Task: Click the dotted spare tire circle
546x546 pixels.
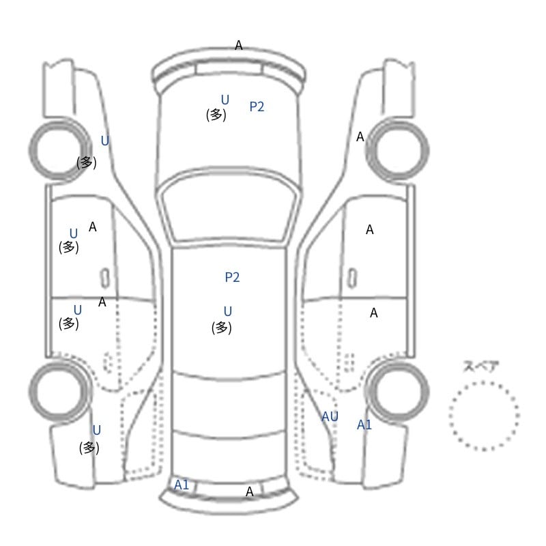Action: (450, 416)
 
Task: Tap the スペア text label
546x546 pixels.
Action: (476, 367)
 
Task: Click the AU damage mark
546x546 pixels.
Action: (330, 416)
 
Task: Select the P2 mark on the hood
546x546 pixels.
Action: (257, 106)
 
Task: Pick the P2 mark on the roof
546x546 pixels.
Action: (232, 277)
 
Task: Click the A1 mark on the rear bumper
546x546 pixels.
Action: (182, 485)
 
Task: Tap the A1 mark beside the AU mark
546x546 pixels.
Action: (364, 425)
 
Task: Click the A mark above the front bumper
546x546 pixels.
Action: (238, 45)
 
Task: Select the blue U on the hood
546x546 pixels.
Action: (225, 100)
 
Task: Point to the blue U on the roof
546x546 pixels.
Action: (228, 311)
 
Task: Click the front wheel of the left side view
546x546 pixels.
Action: (58, 150)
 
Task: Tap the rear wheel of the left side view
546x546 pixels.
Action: (58, 390)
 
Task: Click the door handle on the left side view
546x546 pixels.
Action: (105, 278)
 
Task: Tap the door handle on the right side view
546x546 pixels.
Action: (352, 278)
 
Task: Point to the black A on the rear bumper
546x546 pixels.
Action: (249, 491)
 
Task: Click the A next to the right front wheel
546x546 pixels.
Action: (360, 137)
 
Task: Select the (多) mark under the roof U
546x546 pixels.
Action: (221, 328)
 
